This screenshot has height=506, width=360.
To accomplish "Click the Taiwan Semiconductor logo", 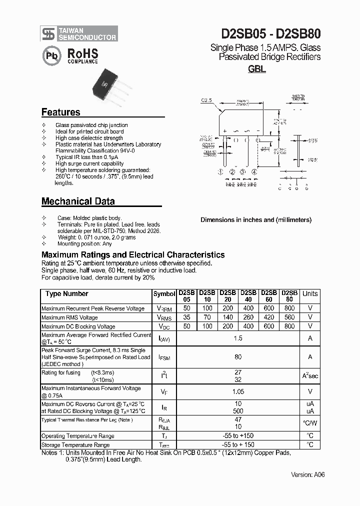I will click(x=79, y=33).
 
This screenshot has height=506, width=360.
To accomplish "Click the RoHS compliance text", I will click(x=82, y=55).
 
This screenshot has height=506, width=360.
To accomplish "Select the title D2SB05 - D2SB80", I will click(x=271, y=33).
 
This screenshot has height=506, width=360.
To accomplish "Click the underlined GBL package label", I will click(x=256, y=69).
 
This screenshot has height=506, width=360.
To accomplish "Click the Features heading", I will click(x=60, y=112).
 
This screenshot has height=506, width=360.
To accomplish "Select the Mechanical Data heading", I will click(x=78, y=201).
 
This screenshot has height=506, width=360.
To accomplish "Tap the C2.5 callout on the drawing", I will click(x=206, y=100).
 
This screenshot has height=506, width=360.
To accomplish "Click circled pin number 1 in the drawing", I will click(x=220, y=172).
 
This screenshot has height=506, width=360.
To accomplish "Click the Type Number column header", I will click(x=66, y=294).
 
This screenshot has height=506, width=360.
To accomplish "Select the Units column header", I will click(x=310, y=294).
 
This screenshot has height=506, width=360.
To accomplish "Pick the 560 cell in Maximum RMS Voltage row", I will click(x=289, y=317).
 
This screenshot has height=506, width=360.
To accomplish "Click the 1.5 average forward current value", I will click(x=238, y=338).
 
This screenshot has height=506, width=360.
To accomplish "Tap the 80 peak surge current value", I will click(x=238, y=357).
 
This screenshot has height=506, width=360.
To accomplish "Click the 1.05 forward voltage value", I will click(x=238, y=392).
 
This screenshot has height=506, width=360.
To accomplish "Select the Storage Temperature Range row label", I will click(x=75, y=444).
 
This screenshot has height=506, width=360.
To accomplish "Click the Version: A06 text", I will click(x=307, y=474).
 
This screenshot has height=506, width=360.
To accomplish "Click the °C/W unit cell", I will click(x=310, y=423).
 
